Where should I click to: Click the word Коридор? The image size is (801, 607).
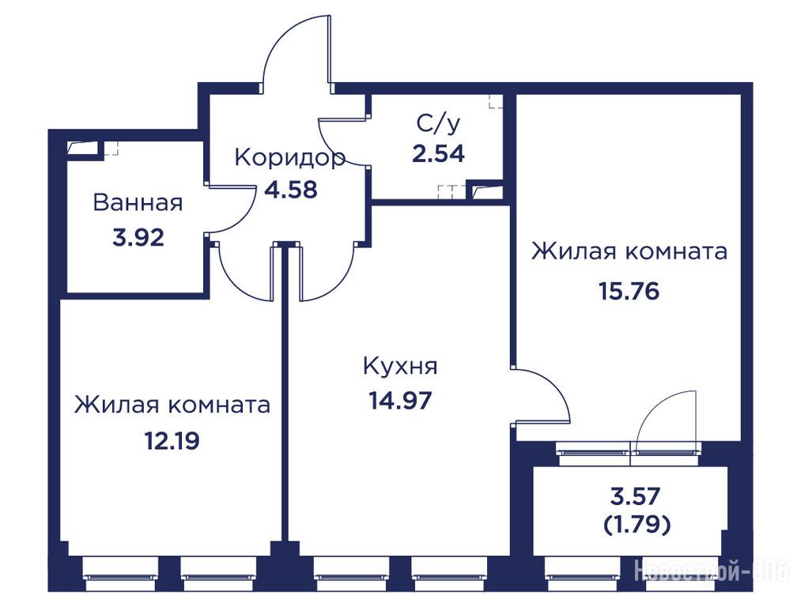click(x=289, y=158)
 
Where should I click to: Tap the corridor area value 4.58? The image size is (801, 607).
click(x=291, y=190)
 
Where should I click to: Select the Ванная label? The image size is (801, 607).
click(x=138, y=202)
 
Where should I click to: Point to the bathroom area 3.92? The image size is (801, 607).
click(x=138, y=238)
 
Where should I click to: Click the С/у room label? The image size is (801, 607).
click(x=439, y=124)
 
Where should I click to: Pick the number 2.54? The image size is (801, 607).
click(x=439, y=153)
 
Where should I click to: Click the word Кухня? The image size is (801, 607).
click(x=400, y=366)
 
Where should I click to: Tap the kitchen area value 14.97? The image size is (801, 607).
click(x=400, y=401)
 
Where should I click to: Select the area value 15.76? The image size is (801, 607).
click(x=629, y=292)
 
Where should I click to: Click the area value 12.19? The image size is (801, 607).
click(x=172, y=441)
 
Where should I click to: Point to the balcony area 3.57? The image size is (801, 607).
click(x=636, y=496)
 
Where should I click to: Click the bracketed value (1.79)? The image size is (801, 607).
click(x=637, y=524)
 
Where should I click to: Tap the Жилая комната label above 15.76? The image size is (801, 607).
click(x=629, y=251)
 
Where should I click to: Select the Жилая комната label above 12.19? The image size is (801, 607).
click(x=172, y=405)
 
